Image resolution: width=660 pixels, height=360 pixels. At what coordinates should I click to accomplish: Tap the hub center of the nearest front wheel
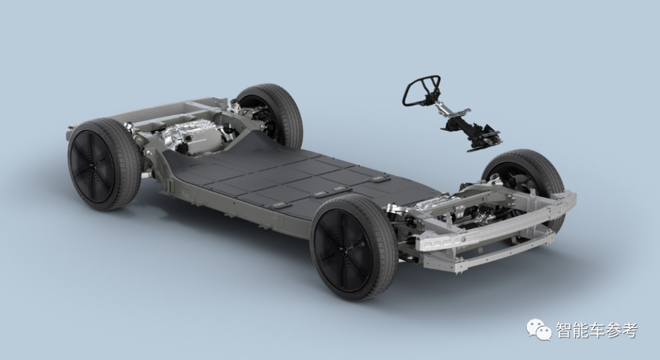tap(342, 248)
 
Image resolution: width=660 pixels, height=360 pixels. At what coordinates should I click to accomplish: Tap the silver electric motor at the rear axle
tap(191, 134)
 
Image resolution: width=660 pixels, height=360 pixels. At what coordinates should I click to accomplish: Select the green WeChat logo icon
tap(538, 329)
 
